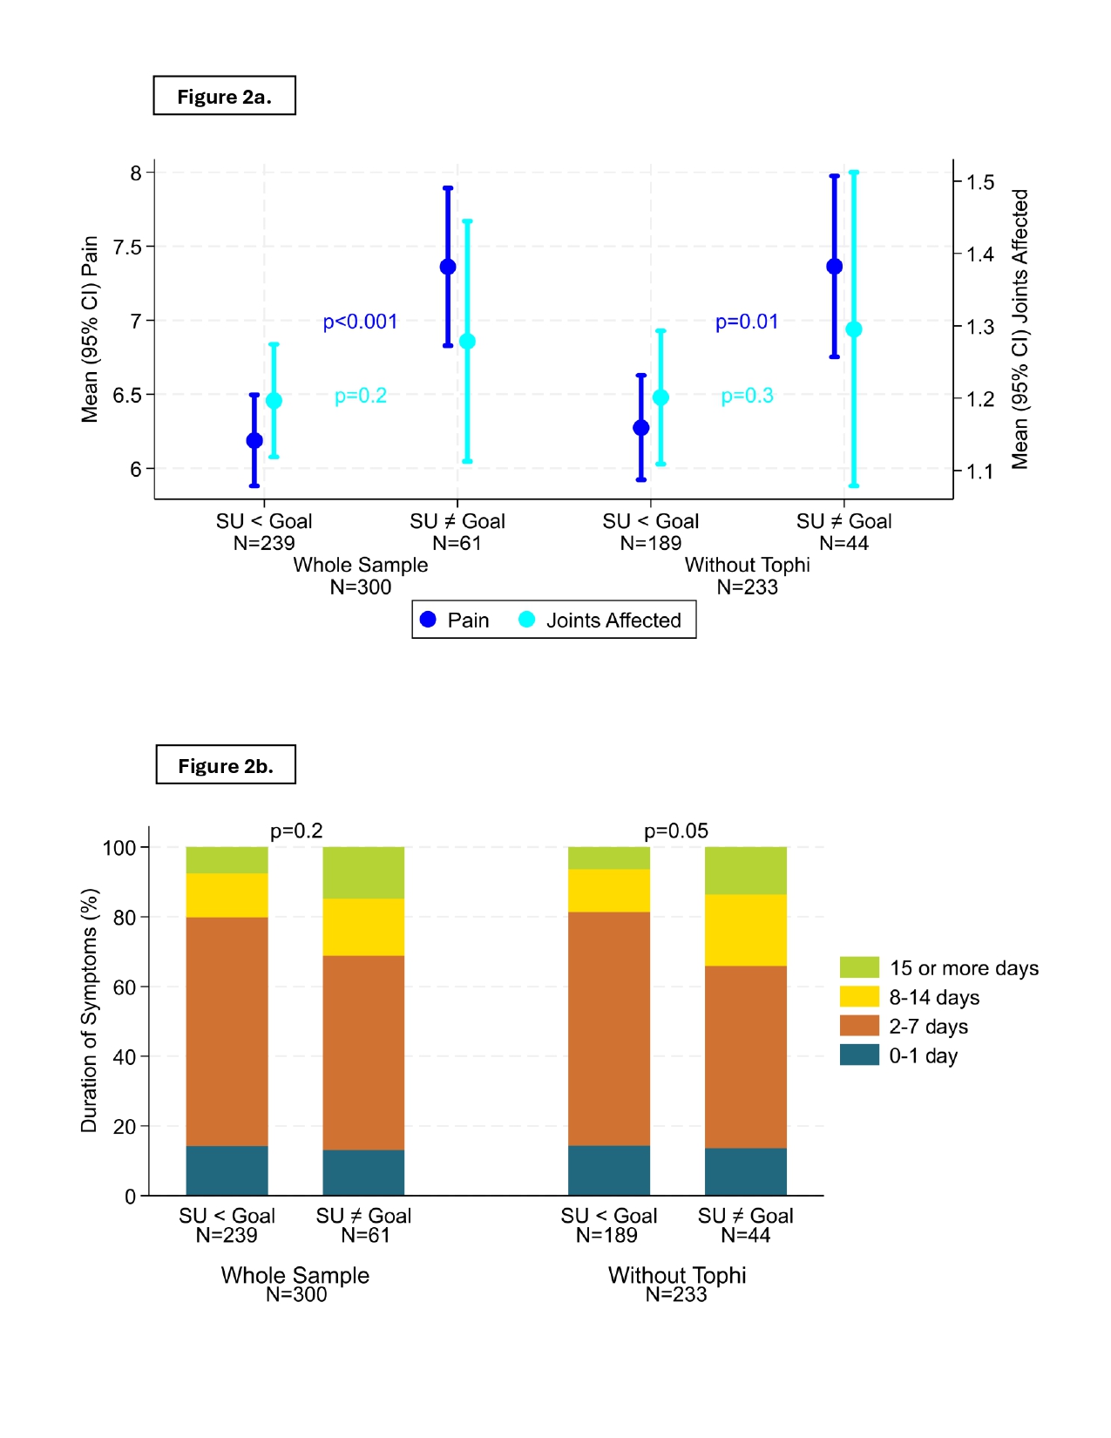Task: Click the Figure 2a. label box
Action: pos(224,96)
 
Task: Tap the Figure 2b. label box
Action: pos(226,765)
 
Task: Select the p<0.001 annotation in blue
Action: pos(360,322)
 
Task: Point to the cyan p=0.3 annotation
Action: pos(747,396)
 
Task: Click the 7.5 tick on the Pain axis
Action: pos(127,247)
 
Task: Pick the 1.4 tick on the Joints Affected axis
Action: pos(980,254)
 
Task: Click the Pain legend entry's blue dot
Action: pos(428,620)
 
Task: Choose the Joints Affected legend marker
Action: pos(526,620)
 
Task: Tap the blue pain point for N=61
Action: pos(448,267)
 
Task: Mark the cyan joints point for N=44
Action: pos(854,329)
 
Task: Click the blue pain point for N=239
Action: pos(254,440)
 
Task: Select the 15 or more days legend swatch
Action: pos(859,967)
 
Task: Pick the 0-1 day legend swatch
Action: pos(859,1055)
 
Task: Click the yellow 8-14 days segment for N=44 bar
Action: pos(746,930)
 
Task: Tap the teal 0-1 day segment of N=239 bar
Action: pos(227,1170)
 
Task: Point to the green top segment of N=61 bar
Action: pos(363,872)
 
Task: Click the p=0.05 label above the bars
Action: pos(676,831)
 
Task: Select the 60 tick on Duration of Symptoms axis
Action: pos(125,987)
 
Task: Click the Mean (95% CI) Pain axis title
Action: pos(90,329)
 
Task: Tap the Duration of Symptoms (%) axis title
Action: pos(89,1011)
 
